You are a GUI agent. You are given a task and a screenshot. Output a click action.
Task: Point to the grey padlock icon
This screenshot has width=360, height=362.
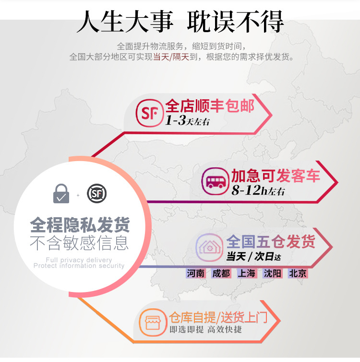click(x=61, y=194)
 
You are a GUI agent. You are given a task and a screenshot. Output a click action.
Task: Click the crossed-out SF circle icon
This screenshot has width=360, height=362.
click(x=96, y=194)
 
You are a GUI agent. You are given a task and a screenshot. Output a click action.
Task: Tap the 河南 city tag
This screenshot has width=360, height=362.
click(x=196, y=274)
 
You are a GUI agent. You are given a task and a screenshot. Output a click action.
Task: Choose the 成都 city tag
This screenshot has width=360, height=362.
click(x=221, y=274)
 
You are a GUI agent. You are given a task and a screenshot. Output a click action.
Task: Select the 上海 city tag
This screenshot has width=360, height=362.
click(x=247, y=274)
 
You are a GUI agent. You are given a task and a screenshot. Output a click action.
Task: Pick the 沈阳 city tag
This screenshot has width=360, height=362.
click(x=272, y=274)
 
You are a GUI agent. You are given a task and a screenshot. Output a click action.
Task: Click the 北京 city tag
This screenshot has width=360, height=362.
click(x=298, y=274)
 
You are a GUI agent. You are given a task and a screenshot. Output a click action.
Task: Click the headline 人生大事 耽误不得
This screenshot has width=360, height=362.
click(x=180, y=22)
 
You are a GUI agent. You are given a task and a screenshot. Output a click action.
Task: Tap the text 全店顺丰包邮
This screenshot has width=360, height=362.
click(x=210, y=105)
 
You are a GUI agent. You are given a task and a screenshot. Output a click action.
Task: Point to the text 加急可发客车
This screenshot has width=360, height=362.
click(x=276, y=175)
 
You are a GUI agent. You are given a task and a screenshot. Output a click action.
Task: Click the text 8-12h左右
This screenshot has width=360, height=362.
click(x=258, y=190)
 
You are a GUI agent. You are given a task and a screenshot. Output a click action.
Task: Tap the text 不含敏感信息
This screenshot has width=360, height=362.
click(x=80, y=243)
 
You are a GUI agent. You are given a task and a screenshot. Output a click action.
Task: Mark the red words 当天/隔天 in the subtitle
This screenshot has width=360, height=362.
click(x=171, y=57)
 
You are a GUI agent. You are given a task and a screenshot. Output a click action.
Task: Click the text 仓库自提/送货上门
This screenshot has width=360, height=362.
click(x=217, y=317)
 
